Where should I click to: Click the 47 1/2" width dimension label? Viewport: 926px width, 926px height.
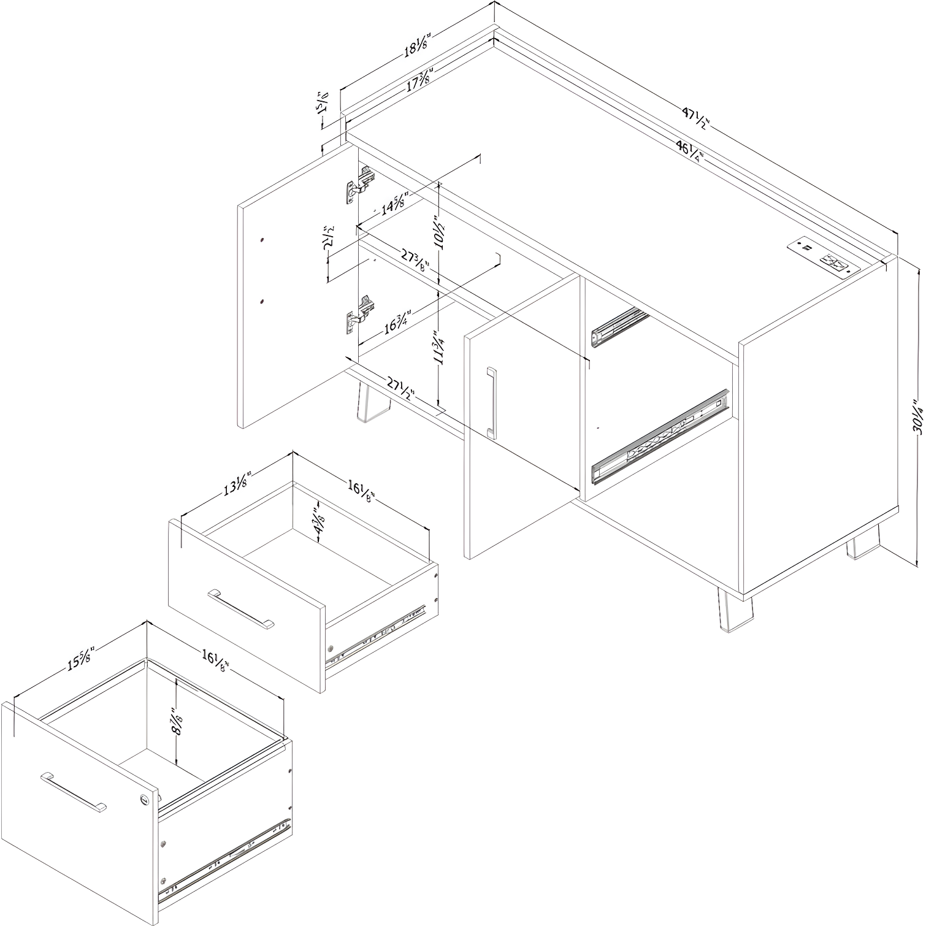(695, 117)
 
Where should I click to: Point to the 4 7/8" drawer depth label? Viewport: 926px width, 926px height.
(318, 521)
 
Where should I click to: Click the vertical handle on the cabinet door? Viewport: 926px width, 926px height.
(491, 402)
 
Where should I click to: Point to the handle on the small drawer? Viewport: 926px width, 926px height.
(241, 608)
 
